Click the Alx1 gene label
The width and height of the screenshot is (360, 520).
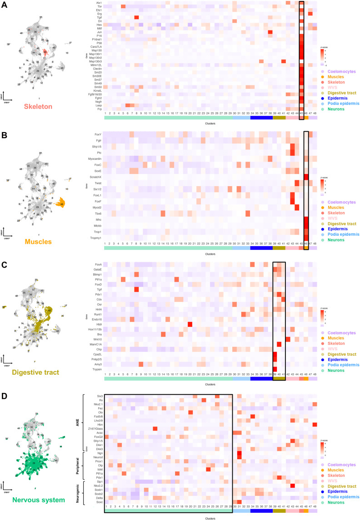click(99, 3)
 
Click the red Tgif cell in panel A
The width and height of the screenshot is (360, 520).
click(136, 17)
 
